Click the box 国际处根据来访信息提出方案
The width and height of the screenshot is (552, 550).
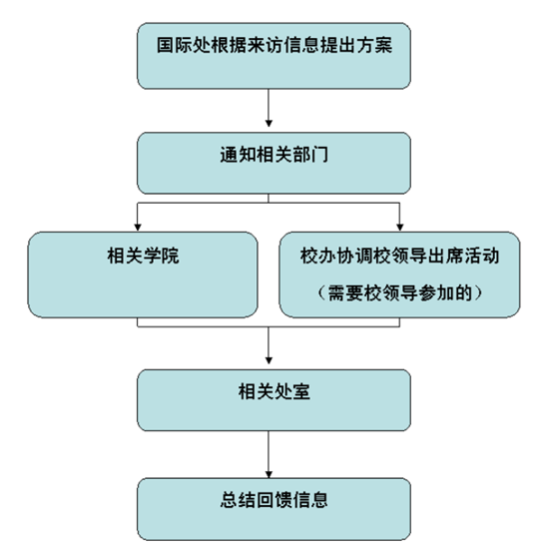274,56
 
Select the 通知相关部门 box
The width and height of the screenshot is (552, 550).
274,163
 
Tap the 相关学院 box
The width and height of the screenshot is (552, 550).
143,275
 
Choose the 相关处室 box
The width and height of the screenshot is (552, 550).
274,400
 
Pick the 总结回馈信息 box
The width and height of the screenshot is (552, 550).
274,509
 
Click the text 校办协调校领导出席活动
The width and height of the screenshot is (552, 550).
399,256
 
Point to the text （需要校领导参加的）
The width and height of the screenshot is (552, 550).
399,292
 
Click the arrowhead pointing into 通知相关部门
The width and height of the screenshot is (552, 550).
269,123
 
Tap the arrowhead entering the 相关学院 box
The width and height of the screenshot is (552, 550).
138,228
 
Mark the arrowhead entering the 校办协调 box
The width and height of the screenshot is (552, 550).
399,228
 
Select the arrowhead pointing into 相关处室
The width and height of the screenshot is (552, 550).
269,360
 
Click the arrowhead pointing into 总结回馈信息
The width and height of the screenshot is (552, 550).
269,475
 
